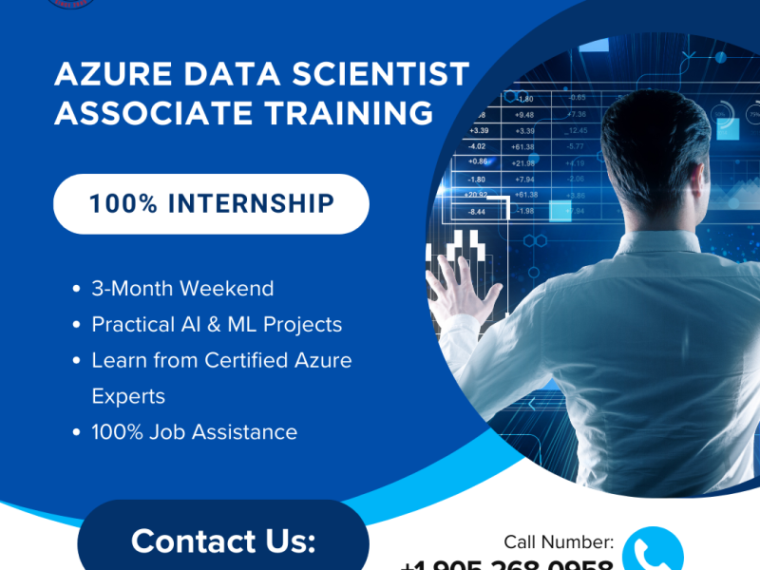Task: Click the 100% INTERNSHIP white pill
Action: [211, 203]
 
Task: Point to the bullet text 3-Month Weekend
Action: [182, 289]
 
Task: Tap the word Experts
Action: [128, 396]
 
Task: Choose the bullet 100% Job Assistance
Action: [194, 432]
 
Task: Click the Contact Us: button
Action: [223, 540]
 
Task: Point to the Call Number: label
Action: [559, 542]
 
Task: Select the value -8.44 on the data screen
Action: [478, 211]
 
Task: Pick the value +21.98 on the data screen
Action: [523, 162]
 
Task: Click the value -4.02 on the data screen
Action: [477, 146]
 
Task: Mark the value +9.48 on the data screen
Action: [524, 115]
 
